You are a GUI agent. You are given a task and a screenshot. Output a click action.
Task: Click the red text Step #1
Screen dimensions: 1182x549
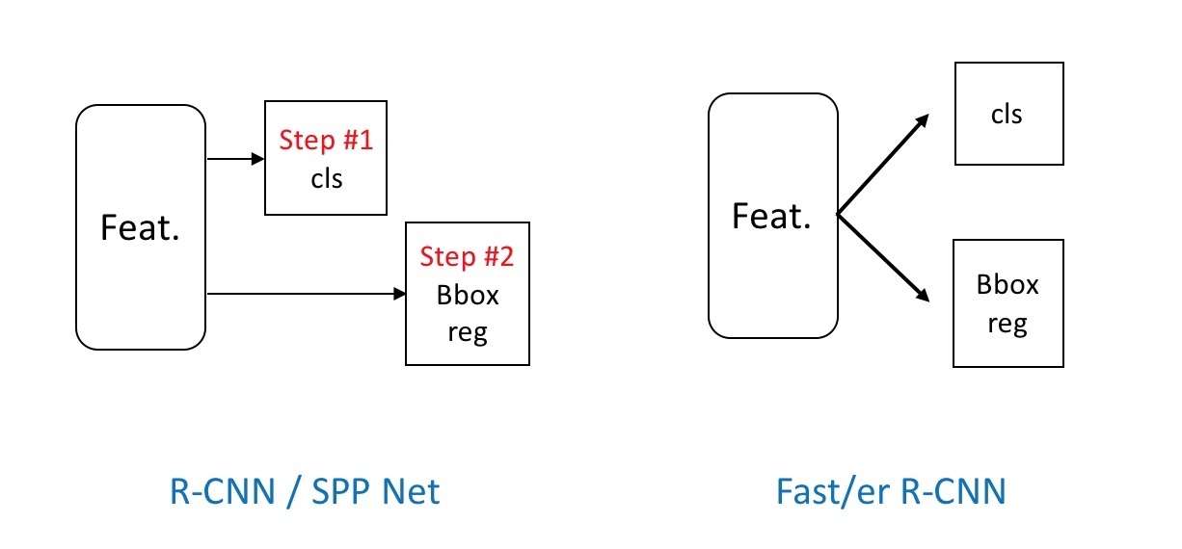click(326, 141)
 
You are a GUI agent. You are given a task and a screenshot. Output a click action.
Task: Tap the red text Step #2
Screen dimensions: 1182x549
click(467, 257)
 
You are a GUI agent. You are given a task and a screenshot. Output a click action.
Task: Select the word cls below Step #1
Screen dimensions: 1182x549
click(327, 179)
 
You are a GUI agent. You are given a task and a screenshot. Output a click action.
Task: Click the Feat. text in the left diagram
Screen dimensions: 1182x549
click(141, 228)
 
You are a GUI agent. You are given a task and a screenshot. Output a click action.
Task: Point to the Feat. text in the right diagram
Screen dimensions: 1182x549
click(771, 216)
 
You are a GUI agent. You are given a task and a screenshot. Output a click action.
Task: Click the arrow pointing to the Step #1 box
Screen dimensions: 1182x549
click(236, 159)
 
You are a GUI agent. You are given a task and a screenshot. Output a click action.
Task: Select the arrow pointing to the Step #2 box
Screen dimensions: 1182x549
click(307, 294)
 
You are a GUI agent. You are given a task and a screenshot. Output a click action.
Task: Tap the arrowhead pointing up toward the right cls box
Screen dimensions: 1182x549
click(922, 121)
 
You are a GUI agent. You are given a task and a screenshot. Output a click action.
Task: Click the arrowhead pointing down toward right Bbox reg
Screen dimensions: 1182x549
click(922, 294)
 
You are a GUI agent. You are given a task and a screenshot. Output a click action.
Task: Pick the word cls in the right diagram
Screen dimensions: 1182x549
click(1007, 115)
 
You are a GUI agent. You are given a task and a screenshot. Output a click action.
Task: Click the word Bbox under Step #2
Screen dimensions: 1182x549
click(468, 296)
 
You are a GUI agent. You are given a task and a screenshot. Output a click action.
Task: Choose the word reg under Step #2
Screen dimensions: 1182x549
click(468, 333)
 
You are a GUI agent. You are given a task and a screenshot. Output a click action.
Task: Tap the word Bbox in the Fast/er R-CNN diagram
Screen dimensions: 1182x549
click(1007, 285)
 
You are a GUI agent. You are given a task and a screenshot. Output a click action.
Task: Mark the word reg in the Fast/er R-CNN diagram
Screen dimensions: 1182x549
click(1007, 324)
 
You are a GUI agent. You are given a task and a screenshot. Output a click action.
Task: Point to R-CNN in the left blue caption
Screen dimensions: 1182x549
click(222, 491)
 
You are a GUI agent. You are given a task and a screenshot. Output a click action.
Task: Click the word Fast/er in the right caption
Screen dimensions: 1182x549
click(833, 491)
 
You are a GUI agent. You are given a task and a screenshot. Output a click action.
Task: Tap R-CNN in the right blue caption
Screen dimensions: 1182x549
click(953, 491)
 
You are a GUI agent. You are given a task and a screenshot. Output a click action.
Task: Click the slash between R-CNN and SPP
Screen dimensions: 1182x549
click(293, 492)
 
